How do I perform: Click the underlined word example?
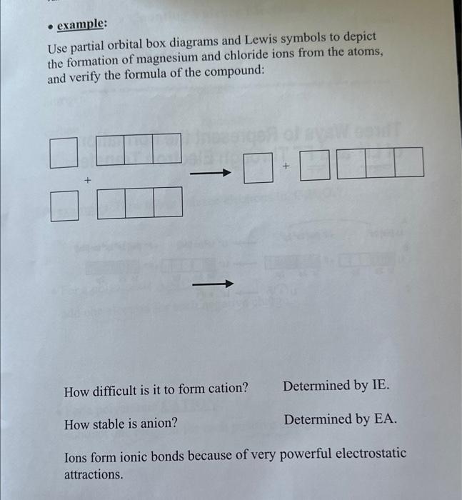[81, 24]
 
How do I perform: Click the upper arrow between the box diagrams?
[211, 173]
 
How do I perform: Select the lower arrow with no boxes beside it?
[213, 284]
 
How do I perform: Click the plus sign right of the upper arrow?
[286, 166]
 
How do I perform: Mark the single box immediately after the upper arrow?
[258, 169]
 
